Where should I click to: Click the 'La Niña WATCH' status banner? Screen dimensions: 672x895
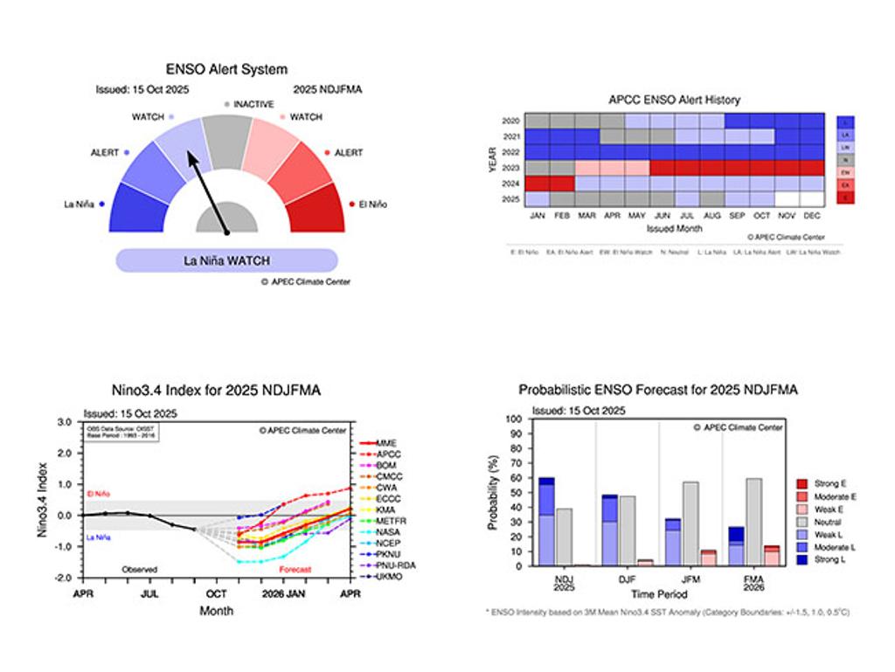pos(226,260)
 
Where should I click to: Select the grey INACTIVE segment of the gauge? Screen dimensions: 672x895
pos(227,140)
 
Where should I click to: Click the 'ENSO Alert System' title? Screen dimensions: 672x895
pos(226,69)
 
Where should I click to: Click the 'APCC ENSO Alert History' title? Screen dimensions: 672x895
pos(675,100)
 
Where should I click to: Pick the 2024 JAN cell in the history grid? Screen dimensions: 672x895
pos(538,184)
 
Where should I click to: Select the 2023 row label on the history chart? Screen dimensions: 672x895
pos(511,168)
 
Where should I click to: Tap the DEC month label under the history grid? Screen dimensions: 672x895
pos(812,214)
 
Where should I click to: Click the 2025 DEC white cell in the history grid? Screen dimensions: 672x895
pos(812,199)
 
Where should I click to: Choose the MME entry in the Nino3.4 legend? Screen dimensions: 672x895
pos(386,443)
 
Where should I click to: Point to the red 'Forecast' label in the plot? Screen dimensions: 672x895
pos(295,570)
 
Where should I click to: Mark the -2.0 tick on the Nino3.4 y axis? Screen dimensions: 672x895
pos(64,578)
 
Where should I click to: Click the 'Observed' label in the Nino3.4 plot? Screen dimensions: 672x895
pos(139,570)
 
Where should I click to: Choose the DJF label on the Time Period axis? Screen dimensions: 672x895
pos(627,578)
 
